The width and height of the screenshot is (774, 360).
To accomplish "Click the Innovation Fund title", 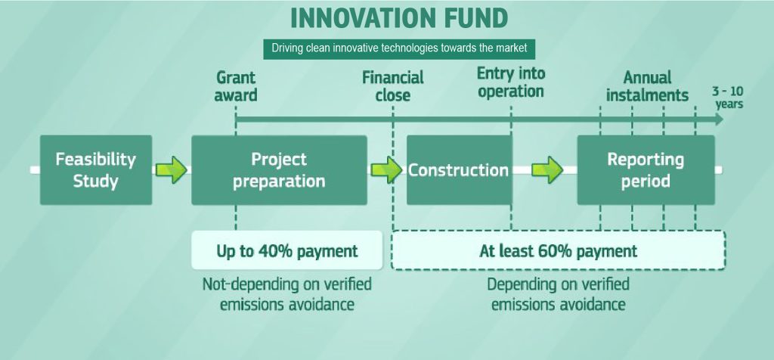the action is point(399,19).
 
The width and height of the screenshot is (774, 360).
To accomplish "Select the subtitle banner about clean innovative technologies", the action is point(399,48).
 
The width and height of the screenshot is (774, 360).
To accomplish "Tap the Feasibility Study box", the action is point(96,170).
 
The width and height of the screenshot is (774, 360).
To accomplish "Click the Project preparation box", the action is point(280,170).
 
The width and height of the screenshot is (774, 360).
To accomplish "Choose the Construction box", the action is point(459,170).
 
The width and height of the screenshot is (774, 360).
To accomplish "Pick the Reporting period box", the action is point(646,170).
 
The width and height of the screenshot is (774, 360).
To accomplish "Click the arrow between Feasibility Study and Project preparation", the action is point(172,170).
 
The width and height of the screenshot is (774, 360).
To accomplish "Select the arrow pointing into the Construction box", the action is point(386,170).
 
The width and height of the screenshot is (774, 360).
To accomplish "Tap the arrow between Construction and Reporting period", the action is point(547,170).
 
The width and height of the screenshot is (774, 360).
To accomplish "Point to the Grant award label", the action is point(236,86).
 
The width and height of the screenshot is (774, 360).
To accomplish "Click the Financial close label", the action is point(393,86).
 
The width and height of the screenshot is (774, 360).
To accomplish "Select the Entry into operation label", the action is point(511,82).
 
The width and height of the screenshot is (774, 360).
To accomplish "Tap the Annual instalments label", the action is point(647,86).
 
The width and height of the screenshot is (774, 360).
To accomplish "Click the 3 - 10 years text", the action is point(728,98).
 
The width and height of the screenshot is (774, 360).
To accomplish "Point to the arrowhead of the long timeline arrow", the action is point(720,119).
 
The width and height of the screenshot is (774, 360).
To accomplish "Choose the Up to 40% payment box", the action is point(286,250).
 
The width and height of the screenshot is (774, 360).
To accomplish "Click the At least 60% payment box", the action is point(559,250).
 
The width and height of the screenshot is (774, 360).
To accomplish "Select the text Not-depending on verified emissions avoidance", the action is point(286,294).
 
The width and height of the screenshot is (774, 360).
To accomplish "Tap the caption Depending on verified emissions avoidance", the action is point(559,294).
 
